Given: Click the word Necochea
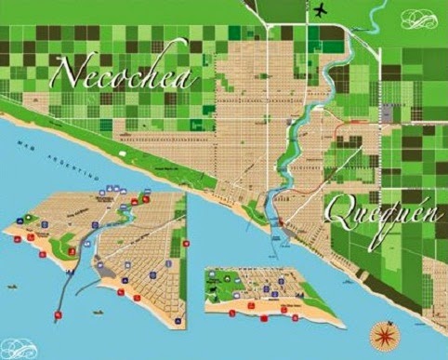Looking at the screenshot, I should tap(125, 73).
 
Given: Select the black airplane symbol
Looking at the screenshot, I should tap(322, 10).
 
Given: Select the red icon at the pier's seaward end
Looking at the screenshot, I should tap(59, 317).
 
